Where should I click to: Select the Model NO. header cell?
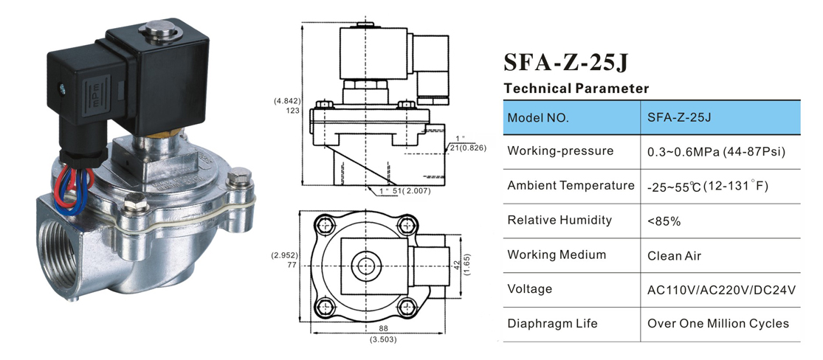(x=538, y=117)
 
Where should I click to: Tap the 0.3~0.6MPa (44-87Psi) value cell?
(x=715, y=151)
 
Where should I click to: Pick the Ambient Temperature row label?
(x=571, y=186)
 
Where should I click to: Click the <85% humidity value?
(x=664, y=221)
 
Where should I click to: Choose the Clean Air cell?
(x=674, y=255)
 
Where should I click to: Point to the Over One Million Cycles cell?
(x=717, y=324)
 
